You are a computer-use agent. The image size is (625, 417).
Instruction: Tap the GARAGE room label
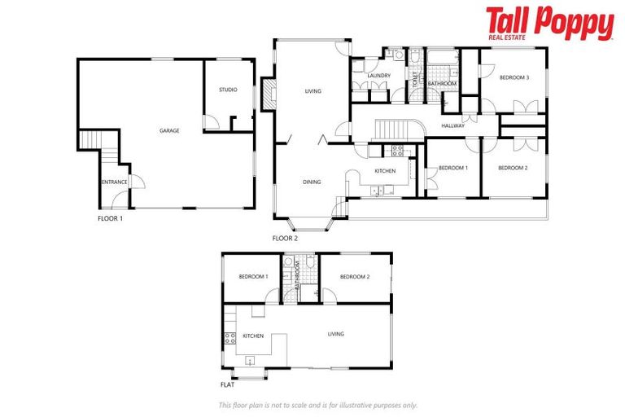tap(169, 130)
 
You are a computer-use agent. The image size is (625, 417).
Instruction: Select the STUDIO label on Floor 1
tap(228, 90)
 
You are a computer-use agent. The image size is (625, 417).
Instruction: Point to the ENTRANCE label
tap(114, 182)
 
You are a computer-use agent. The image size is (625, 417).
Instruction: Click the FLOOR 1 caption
tap(110, 218)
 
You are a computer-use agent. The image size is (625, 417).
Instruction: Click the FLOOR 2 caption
tap(285, 239)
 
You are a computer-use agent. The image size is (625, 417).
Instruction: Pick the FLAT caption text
tap(228, 385)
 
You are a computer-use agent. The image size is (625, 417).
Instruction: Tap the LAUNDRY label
tap(379, 76)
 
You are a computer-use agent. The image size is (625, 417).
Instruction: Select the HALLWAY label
tap(453, 126)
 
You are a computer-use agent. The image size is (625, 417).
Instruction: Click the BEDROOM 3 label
tap(514, 77)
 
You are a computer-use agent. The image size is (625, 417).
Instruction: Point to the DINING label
tap(312, 182)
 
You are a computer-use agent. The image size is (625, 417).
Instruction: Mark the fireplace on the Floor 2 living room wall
tap(269, 93)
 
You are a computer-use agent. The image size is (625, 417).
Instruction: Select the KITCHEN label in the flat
tap(252, 335)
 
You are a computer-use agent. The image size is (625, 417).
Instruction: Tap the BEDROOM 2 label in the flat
tap(355, 277)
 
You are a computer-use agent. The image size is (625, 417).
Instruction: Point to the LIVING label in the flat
tap(336, 334)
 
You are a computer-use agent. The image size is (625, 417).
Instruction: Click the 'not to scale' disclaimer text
tap(317, 405)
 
